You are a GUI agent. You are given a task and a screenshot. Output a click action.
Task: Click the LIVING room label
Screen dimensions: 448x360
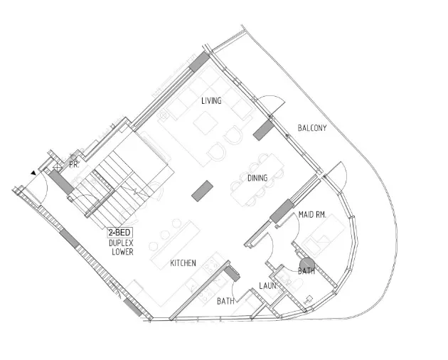211,100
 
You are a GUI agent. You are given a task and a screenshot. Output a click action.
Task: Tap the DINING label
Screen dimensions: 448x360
257,178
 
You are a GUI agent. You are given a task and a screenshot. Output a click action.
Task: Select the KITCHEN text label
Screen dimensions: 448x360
183,263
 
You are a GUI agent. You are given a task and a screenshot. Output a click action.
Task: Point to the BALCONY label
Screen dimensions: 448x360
312,128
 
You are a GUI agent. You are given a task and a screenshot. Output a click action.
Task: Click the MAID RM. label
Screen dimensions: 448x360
312,214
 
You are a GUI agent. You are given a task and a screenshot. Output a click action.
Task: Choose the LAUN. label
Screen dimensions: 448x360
268,286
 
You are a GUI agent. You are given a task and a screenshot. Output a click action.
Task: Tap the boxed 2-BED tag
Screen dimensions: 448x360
120,233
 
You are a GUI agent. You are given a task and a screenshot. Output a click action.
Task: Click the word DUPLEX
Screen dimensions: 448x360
121,243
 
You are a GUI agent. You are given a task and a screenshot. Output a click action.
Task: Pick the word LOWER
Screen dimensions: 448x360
122,252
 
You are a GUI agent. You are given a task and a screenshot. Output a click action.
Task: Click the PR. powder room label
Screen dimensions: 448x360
74,164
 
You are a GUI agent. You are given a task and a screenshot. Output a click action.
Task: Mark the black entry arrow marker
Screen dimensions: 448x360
33,173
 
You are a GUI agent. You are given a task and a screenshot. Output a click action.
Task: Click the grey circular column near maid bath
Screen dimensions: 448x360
307,265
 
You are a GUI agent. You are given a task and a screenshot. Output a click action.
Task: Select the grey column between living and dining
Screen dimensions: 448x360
202,191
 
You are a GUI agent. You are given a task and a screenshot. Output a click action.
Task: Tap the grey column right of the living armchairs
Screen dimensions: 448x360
264,130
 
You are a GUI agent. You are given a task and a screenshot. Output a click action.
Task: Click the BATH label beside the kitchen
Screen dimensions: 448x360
225,301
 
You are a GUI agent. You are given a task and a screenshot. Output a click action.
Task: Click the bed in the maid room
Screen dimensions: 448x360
324,235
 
